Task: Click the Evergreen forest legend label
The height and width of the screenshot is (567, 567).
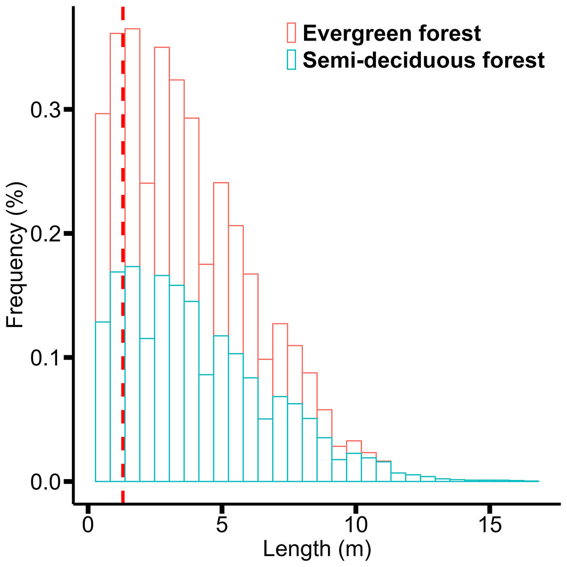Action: (x=392, y=33)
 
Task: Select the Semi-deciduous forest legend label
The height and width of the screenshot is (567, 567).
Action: (x=424, y=60)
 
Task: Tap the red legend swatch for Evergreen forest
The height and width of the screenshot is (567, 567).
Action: (x=291, y=33)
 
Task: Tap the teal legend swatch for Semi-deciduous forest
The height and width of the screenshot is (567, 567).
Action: (x=291, y=60)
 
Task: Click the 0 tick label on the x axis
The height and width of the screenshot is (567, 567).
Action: (x=88, y=525)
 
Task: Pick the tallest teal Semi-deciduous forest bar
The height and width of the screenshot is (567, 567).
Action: (x=132, y=373)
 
